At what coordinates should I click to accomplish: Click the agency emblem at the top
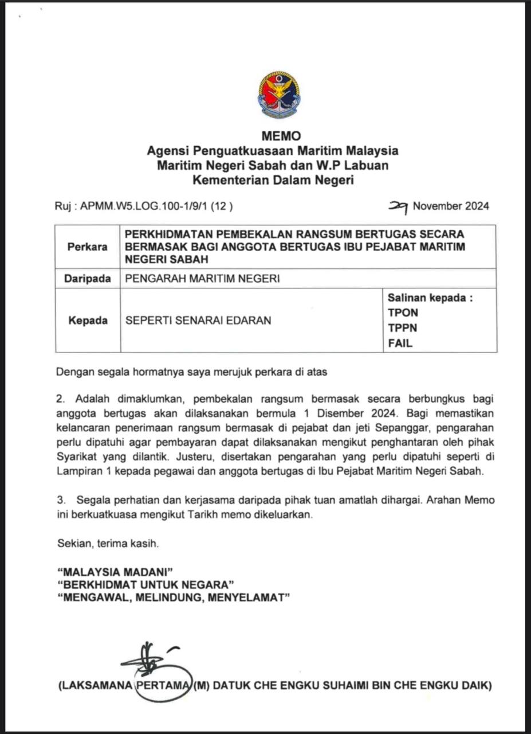pyautogui.click(x=279, y=95)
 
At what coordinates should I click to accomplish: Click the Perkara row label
pyautogui.click(x=88, y=247)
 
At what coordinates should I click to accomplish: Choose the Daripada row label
pyautogui.click(x=88, y=279)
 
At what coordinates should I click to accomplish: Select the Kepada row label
pyautogui.click(x=88, y=320)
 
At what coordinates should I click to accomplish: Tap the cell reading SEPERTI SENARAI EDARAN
pyautogui.click(x=198, y=320)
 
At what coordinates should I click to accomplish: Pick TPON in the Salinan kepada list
pyautogui.click(x=403, y=313)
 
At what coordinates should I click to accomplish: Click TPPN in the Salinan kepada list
pyautogui.click(x=403, y=329)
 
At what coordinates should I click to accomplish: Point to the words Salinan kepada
pyautogui.click(x=430, y=298)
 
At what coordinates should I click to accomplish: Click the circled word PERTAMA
pyautogui.click(x=162, y=685)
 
